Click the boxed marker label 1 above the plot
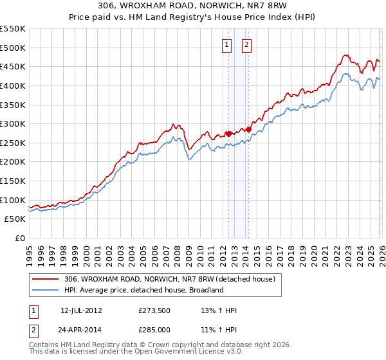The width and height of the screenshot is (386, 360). (x=228, y=44)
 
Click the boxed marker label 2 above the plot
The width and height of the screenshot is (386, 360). (x=247, y=44)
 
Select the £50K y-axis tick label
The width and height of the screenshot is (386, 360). (x=15, y=219)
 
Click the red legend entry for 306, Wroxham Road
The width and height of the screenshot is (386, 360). (x=170, y=279)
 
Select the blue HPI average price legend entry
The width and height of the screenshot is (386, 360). (x=143, y=290)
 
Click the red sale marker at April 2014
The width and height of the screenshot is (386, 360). (x=248, y=129)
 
